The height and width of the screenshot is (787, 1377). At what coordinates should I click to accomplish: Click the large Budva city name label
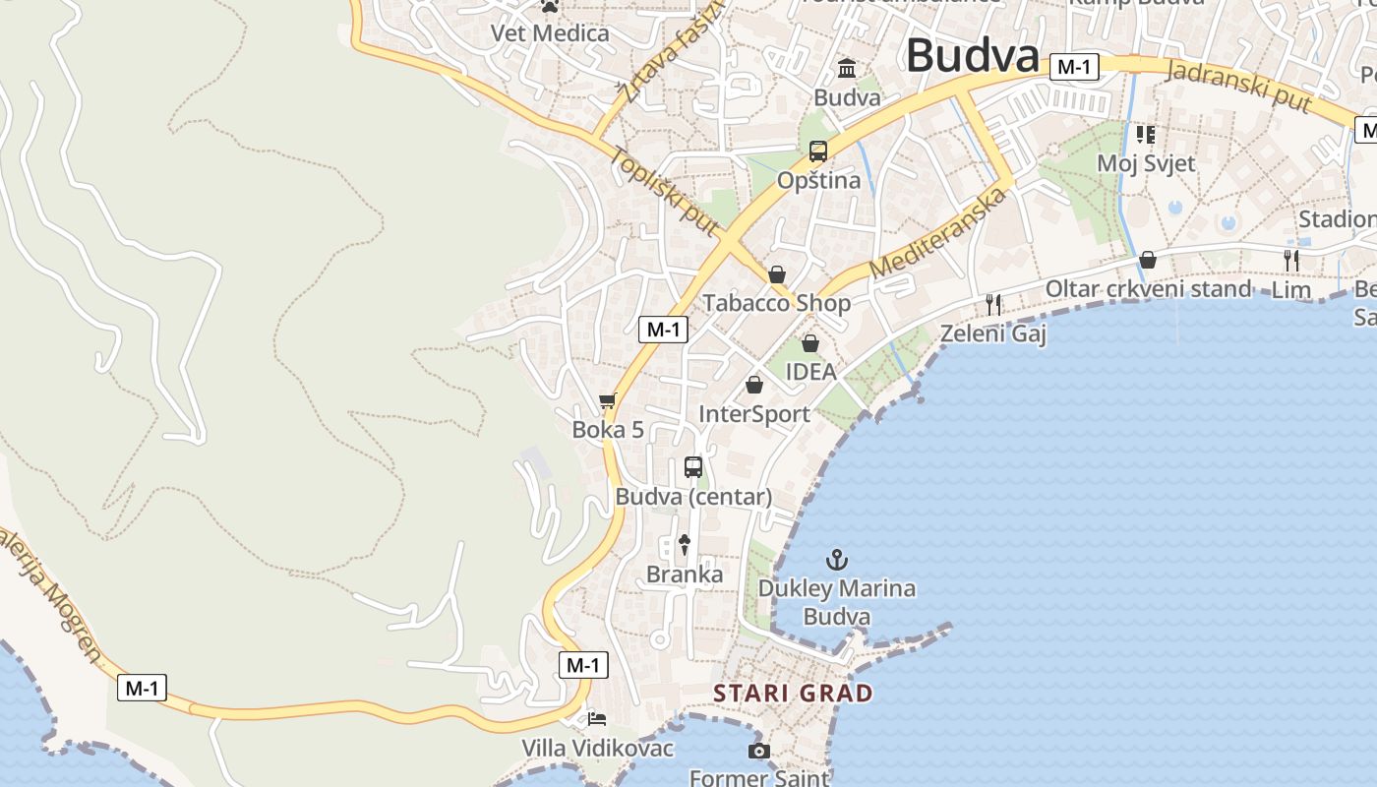pyautogui.click(x=972, y=55)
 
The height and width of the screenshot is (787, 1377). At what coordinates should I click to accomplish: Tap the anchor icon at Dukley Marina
pyautogui.click(x=836, y=561)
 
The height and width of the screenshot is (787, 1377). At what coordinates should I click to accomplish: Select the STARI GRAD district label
pyautogui.click(x=793, y=693)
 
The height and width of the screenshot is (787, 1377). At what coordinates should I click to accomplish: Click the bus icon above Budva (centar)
pyautogui.click(x=693, y=467)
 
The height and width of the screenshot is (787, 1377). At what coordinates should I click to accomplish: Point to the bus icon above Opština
pyautogui.click(x=818, y=151)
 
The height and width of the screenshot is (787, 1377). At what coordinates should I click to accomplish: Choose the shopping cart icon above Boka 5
pyautogui.click(x=607, y=401)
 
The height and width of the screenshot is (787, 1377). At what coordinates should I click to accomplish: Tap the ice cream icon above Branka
pyautogui.click(x=685, y=545)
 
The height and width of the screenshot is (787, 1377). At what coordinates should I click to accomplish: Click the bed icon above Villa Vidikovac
pyautogui.click(x=597, y=719)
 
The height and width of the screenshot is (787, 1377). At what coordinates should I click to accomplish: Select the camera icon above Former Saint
pyautogui.click(x=758, y=752)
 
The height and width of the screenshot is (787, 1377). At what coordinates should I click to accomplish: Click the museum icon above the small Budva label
pyautogui.click(x=847, y=68)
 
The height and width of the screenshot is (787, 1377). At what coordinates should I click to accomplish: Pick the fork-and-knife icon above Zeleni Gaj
pyautogui.click(x=993, y=305)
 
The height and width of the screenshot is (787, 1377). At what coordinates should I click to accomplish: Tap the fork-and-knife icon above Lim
pyautogui.click(x=1291, y=261)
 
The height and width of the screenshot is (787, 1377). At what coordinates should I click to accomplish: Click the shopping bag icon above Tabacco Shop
pyautogui.click(x=777, y=273)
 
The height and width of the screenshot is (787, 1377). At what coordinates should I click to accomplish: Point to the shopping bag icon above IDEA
pyautogui.click(x=810, y=343)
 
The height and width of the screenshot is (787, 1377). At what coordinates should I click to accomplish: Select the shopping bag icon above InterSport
pyautogui.click(x=754, y=385)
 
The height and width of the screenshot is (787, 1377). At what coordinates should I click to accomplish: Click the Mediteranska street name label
pyautogui.click(x=939, y=233)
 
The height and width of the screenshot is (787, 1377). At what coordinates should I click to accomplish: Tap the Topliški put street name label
pyautogui.click(x=662, y=191)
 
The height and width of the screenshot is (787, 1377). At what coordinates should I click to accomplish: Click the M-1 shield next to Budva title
pyautogui.click(x=1073, y=67)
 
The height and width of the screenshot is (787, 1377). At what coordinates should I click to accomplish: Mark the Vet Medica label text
pyautogui.click(x=550, y=33)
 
